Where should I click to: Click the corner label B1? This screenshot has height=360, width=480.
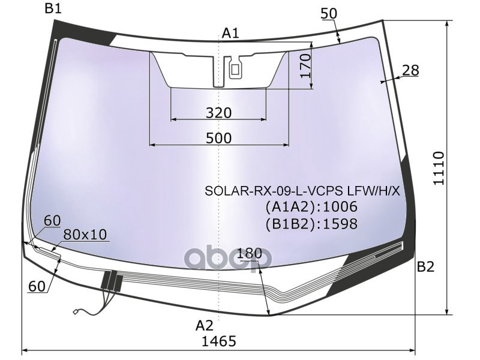[x=53, y=8]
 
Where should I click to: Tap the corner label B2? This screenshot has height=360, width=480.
[x=425, y=267]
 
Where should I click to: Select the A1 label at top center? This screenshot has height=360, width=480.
[x=230, y=33]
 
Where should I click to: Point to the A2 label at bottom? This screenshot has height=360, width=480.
[x=204, y=326]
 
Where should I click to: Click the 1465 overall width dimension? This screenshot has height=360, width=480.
[x=219, y=341]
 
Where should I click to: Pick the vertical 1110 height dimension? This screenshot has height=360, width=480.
[x=439, y=168]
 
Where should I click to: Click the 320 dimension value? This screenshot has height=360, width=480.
[x=218, y=113]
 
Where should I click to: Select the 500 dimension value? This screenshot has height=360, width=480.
[x=218, y=139]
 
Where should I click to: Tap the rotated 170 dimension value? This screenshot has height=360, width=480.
[x=305, y=66]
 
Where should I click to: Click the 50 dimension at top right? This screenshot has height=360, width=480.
[x=329, y=13]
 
